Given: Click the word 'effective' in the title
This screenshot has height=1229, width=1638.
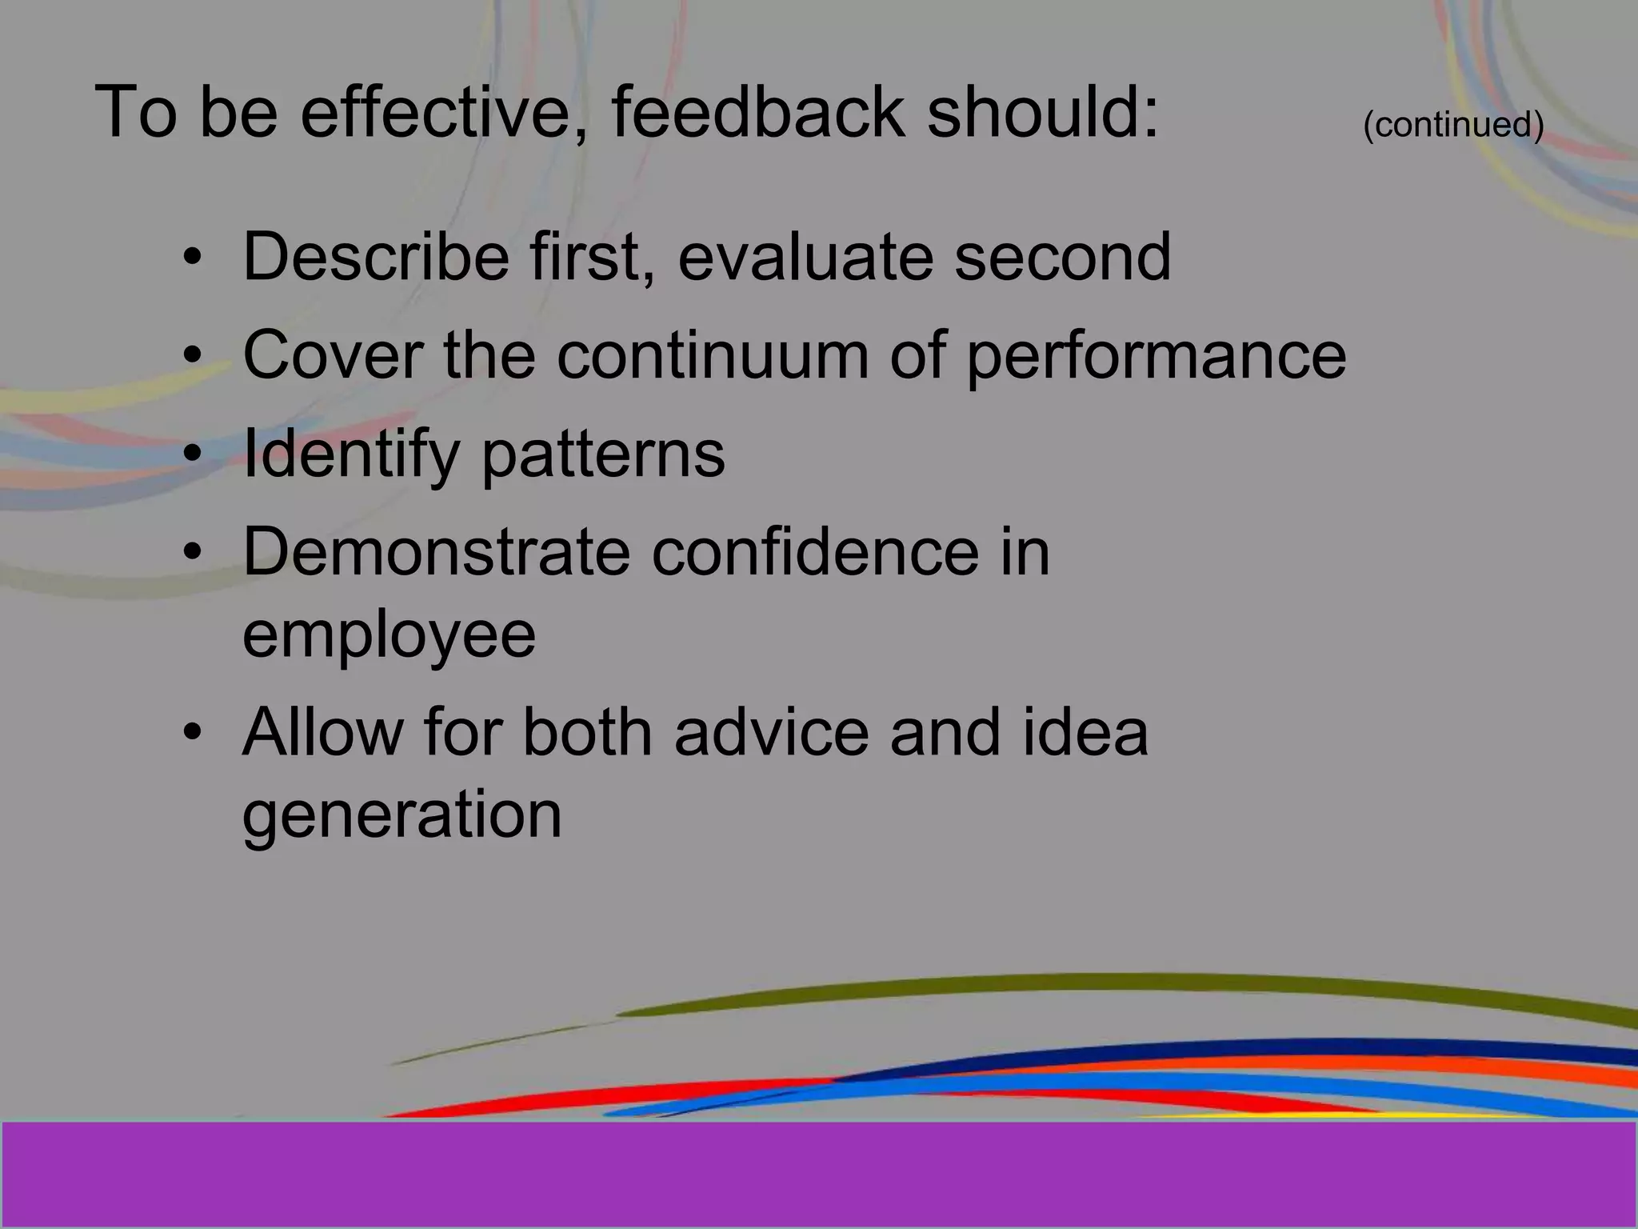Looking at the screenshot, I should coord(444,112).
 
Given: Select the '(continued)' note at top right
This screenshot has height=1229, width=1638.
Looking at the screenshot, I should coord(1452,125).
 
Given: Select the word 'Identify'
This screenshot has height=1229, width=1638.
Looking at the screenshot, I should coord(350,454).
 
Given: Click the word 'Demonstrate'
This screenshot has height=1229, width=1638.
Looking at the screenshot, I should coord(436,552).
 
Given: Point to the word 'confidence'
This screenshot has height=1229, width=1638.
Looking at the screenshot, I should coord(814,552).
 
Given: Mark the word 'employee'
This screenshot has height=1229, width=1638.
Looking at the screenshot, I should coord(389,636).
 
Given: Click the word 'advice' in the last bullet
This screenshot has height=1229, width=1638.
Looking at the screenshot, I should coord(771,732).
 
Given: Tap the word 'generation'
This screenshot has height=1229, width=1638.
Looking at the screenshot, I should coord(402,816).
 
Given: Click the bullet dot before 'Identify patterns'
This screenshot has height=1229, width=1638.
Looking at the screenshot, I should coord(192,454).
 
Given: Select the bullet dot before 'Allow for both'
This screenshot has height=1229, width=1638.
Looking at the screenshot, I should coord(192,732).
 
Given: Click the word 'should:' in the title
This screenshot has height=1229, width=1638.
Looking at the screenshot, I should coord(1042,112).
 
